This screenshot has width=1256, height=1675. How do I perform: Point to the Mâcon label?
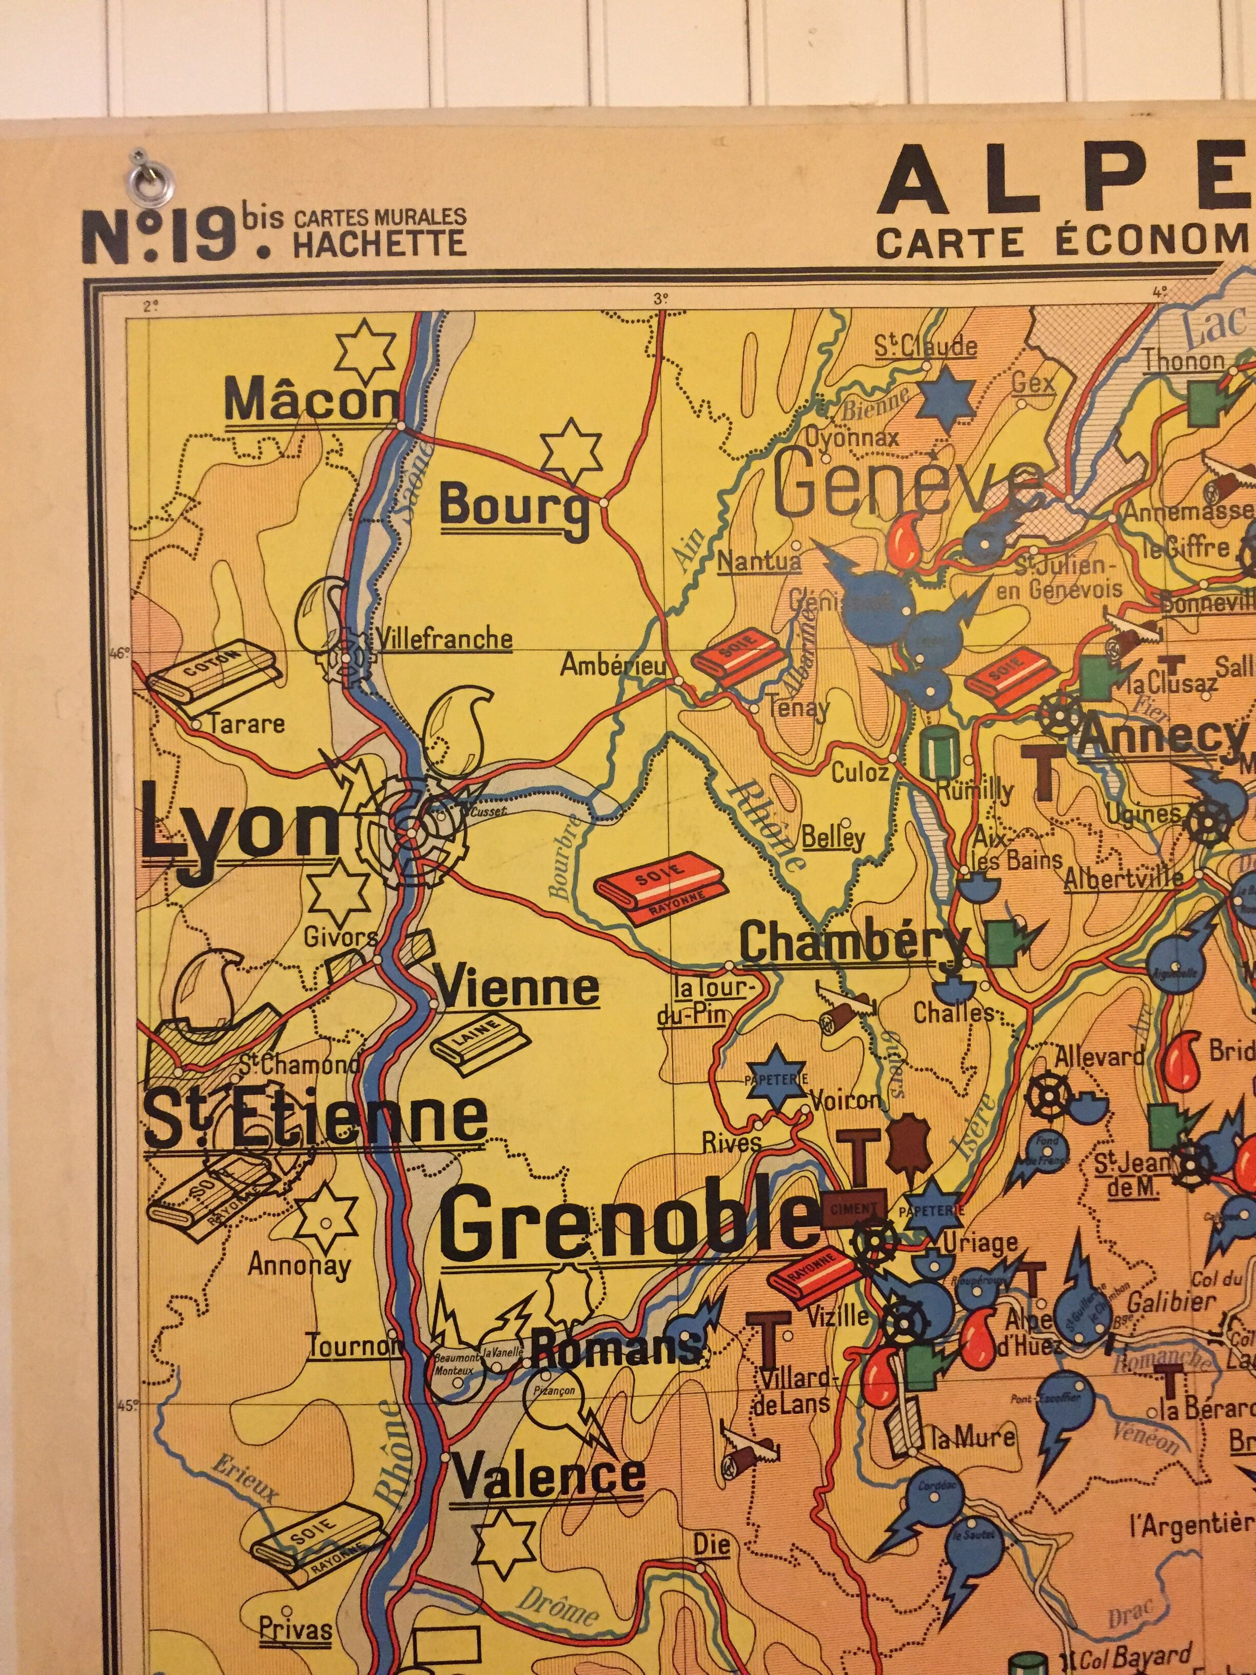[311, 401]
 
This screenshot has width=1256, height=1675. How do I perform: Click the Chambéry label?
[853, 944]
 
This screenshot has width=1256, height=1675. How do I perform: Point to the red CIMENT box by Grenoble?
[853, 1208]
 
